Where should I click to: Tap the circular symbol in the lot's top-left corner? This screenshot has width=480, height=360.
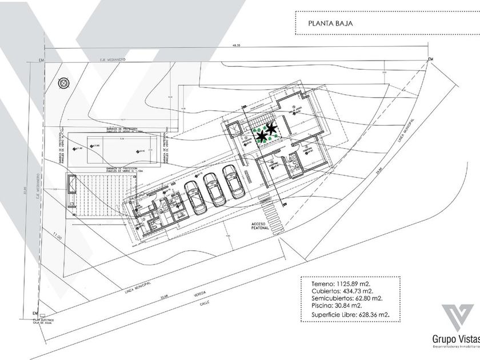(63, 82)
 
